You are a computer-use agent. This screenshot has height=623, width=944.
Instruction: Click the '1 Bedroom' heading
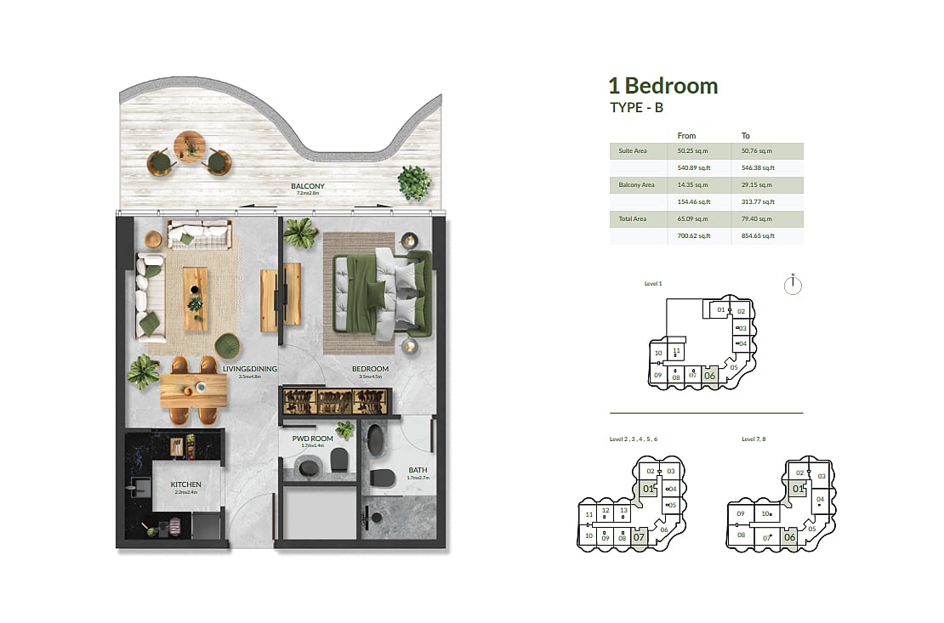tap(663, 86)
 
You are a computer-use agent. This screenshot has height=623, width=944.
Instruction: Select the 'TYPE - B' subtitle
tap(636, 108)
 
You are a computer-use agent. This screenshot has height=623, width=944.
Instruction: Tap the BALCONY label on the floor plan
tap(308, 186)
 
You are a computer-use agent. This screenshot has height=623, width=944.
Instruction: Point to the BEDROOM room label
tap(370, 369)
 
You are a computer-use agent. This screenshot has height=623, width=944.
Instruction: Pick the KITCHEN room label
tap(185, 484)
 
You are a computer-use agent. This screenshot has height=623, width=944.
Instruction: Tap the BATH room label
tap(418, 469)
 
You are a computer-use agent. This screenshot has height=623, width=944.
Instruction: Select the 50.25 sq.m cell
tap(692, 151)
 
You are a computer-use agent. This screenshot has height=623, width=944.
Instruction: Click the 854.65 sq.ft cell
tap(759, 236)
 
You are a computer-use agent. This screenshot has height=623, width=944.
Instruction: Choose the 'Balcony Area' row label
tap(636, 185)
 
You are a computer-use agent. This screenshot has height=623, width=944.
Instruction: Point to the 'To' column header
tap(746, 136)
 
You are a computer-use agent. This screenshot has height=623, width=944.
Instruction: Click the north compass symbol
tap(793, 286)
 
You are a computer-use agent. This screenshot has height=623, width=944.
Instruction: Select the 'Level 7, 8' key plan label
tap(754, 439)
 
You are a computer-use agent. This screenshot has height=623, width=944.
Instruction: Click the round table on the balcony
tap(189, 146)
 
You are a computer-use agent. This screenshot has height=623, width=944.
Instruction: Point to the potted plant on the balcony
tap(413, 183)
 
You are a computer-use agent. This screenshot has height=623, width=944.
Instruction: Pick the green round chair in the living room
tap(227, 346)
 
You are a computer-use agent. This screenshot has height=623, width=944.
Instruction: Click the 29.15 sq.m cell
tap(759, 185)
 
